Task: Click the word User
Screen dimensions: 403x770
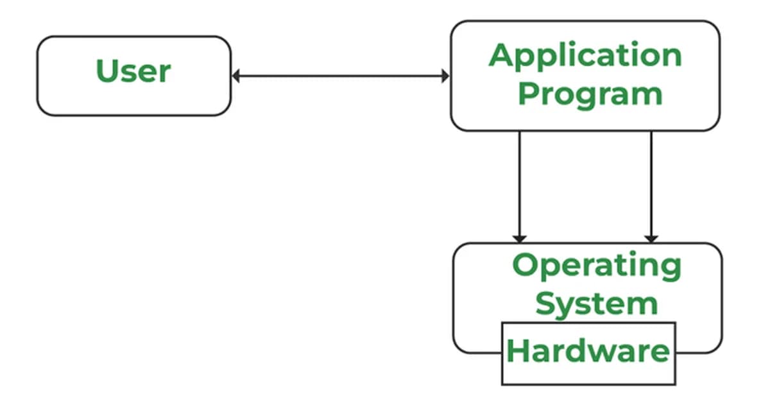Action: tap(133, 71)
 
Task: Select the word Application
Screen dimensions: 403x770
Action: tap(585, 56)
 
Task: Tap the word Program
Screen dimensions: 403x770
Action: tap(590, 94)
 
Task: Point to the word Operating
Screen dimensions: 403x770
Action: tap(596, 266)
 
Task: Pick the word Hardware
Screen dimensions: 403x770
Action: tap(588, 351)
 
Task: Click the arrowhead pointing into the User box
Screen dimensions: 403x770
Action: tap(235, 76)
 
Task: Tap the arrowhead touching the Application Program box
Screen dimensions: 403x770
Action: tap(445, 76)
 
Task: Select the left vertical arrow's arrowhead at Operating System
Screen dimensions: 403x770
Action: tap(520, 238)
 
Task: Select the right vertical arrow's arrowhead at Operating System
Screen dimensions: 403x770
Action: tap(651, 238)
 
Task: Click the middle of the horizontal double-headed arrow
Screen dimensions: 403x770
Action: tap(340, 76)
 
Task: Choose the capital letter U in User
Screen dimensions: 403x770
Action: tap(107, 71)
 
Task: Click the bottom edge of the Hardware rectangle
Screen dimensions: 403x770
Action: tap(588, 384)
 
